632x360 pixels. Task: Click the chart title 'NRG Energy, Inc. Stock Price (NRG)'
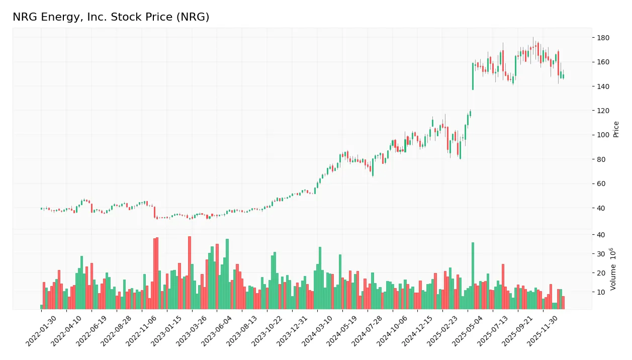coord(111,17)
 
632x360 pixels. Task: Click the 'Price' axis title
coord(616,129)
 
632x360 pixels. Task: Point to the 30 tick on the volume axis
coord(600,254)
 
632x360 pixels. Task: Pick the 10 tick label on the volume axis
coord(600,292)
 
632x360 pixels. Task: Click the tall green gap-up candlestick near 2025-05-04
coord(473,76)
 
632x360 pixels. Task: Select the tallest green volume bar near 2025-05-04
coord(473,276)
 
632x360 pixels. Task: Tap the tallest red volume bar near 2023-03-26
coord(190,273)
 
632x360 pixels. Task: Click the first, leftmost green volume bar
coord(42,307)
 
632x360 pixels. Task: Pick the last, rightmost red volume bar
coord(563,303)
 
